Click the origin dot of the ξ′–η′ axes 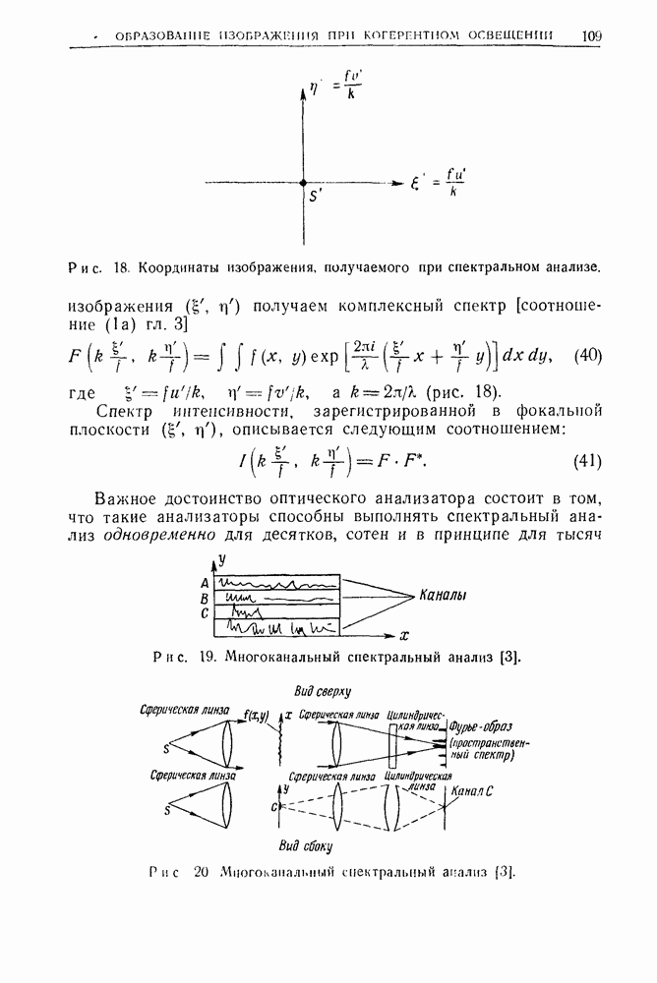point(303,183)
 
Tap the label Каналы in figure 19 point(443,596)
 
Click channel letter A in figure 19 point(205,583)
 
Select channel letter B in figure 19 point(205,598)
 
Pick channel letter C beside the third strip point(205,614)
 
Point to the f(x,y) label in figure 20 point(258,717)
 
